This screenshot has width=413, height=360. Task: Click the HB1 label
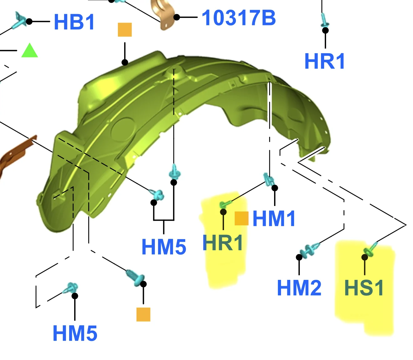click(x=74, y=22)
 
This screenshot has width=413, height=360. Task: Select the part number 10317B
click(x=239, y=18)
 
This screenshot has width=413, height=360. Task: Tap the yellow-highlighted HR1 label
click(x=222, y=243)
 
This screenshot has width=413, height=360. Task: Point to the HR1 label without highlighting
click(x=324, y=61)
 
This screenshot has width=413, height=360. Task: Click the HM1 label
click(x=274, y=218)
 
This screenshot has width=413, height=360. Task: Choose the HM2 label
click(x=299, y=287)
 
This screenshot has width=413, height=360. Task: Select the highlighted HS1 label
click(x=364, y=287)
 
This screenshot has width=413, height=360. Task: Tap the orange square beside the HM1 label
click(x=242, y=218)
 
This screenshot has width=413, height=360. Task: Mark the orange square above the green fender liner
click(x=125, y=30)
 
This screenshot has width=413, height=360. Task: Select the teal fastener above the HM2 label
click(x=309, y=250)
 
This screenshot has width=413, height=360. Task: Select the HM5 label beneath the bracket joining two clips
click(x=164, y=247)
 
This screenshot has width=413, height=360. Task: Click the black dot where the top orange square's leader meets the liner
click(x=125, y=62)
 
